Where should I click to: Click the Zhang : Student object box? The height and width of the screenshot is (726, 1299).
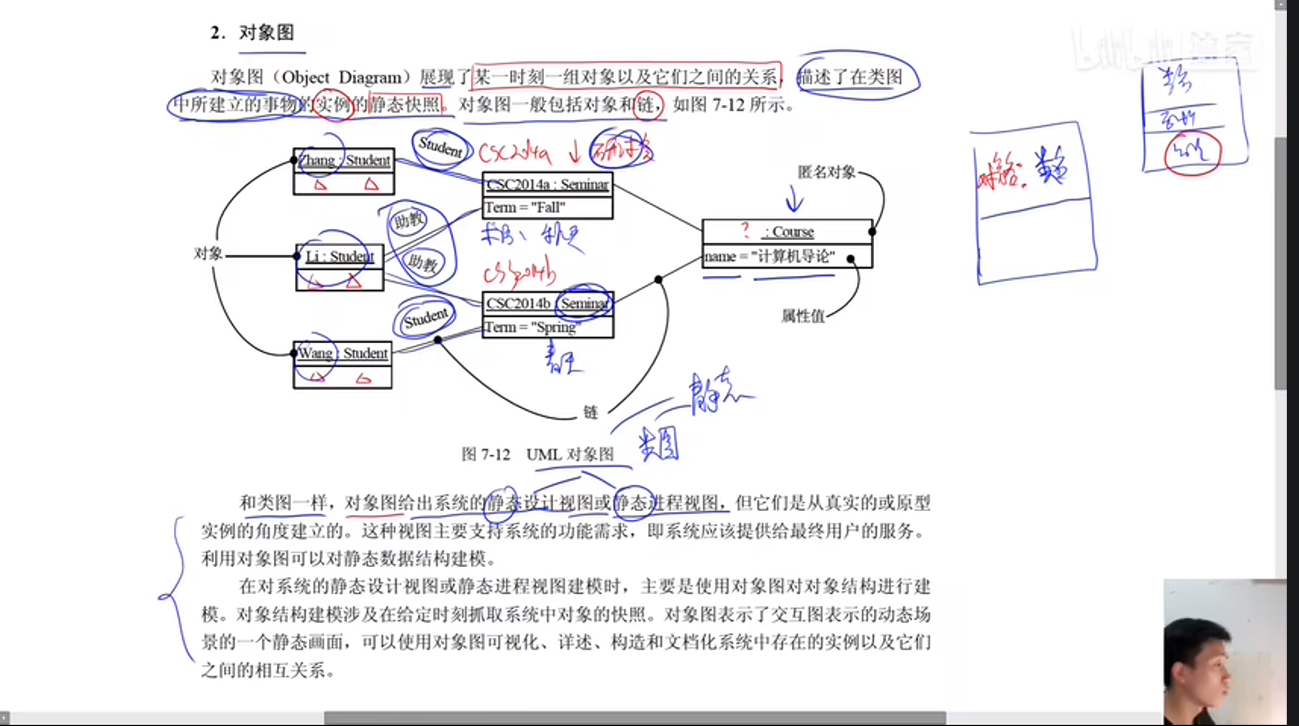[x=344, y=171]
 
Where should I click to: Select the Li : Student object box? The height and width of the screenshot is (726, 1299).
[x=340, y=267]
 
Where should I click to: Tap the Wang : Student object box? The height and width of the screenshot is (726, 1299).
[x=342, y=364]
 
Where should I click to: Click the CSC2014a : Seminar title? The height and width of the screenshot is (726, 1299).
[x=547, y=185]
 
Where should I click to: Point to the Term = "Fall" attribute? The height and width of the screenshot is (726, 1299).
[x=525, y=208]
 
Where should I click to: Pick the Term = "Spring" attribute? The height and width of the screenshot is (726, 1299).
[x=530, y=327]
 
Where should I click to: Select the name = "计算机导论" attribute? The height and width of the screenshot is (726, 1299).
[x=770, y=256]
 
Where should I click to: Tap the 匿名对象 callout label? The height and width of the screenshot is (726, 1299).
[x=826, y=172]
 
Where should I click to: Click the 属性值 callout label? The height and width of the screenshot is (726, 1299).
[x=803, y=316]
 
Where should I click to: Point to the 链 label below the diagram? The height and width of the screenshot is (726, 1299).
[x=590, y=412]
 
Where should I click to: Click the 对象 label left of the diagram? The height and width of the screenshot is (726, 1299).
[x=208, y=254]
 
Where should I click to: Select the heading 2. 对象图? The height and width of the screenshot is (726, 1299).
[x=253, y=32]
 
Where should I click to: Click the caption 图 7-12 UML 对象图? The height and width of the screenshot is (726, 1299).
[x=538, y=454]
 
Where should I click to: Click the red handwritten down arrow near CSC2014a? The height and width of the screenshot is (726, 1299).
[x=575, y=153]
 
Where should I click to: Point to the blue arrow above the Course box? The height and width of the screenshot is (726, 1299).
[x=794, y=198]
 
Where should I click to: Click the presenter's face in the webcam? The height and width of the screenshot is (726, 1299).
[x=1206, y=668]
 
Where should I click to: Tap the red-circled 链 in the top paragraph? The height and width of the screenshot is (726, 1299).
[x=647, y=104]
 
